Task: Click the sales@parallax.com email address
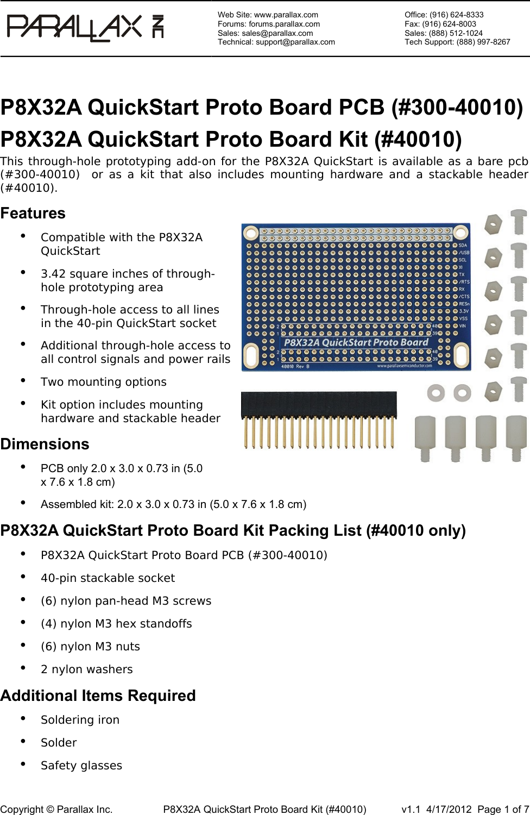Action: tap(277, 33)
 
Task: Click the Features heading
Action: tap(33, 213)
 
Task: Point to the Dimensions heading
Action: tap(45, 444)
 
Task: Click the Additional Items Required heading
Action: tap(98, 695)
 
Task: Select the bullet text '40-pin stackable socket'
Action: tap(108, 578)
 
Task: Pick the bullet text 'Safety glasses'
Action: tap(81, 766)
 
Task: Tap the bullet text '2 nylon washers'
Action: tap(87, 669)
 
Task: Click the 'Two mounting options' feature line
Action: tap(104, 382)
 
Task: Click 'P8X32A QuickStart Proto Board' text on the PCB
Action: tap(356, 342)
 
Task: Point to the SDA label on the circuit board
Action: tap(463, 245)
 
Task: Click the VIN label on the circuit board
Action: tap(463, 326)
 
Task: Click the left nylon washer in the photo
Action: tap(436, 392)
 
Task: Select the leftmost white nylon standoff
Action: tap(425, 437)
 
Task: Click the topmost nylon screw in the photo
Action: tap(519, 222)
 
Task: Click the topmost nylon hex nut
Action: tap(493, 224)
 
